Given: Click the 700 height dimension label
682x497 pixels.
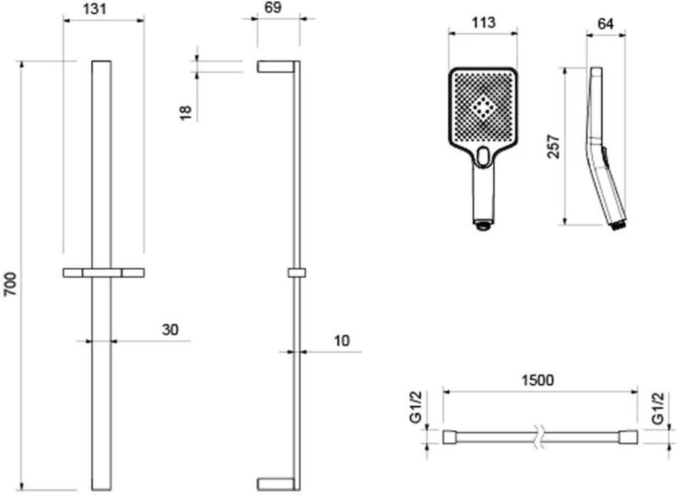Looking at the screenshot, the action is [10, 284].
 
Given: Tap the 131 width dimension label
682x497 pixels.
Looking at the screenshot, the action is [94, 9].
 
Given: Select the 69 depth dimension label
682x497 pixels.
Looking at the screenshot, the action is [273, 7].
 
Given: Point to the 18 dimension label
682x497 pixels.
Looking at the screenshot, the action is [186, 112].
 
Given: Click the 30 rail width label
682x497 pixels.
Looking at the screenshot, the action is [170, 330].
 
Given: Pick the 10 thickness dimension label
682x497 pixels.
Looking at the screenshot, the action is [341, 340].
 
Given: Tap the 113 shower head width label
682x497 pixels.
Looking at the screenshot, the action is [483, 23].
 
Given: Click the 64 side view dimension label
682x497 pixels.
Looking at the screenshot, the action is [606, 24].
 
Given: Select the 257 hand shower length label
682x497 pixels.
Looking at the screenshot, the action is [554, 147].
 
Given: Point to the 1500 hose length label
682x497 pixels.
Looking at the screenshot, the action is [537, 380].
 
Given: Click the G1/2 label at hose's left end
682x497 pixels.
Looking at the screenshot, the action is [416, 407].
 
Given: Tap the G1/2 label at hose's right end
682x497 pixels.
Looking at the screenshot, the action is [658, 409].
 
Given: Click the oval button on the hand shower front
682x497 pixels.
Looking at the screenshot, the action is [482, 157].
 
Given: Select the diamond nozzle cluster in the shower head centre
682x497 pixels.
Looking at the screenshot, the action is [482, 106].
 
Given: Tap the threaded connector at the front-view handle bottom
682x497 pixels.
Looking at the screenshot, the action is [482, 225].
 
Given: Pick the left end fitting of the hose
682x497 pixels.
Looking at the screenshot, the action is [449, 437].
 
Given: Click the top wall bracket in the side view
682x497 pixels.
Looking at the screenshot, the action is [276, 66].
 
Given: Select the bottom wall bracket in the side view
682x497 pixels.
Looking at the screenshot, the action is [276, 484].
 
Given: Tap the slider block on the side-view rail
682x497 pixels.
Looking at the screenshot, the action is [296, 273].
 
